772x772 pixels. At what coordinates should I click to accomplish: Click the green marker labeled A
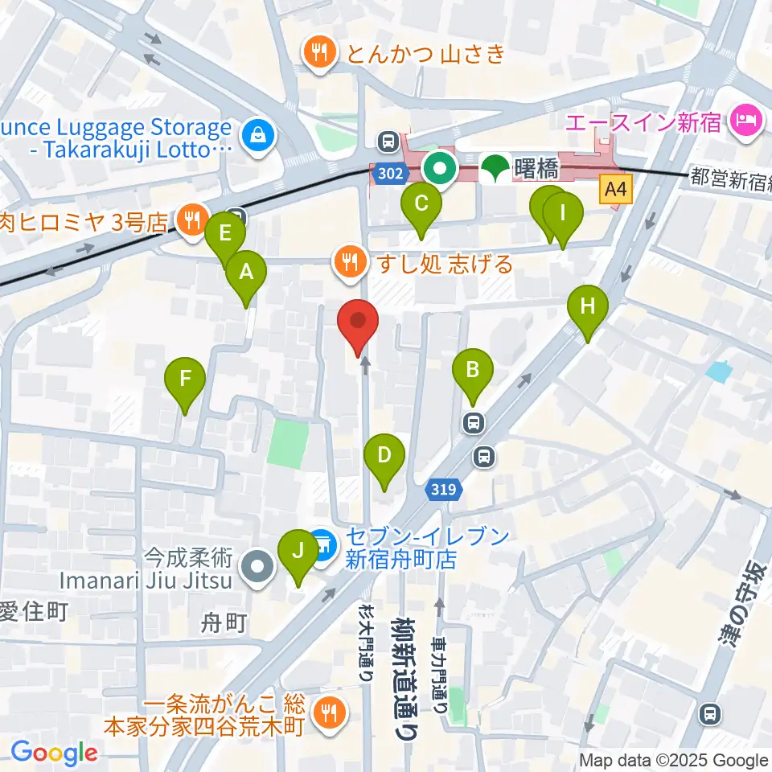246,273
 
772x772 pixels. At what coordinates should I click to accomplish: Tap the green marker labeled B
473,372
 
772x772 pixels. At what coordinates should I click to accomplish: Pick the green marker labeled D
384,457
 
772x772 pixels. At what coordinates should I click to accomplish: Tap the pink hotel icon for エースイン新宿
741,122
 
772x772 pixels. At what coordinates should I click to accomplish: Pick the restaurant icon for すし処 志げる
350,261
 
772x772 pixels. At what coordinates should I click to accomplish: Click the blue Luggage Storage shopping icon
259,134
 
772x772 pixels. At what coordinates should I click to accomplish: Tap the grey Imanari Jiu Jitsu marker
259,568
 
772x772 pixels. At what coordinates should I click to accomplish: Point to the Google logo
54,753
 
